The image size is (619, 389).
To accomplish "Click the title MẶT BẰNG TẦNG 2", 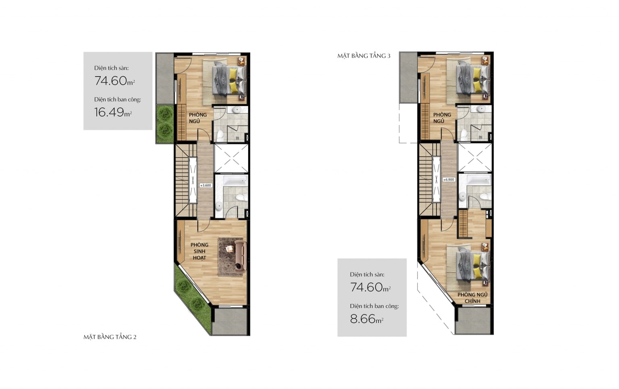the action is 110,337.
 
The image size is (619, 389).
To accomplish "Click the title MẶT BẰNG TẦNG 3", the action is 364,56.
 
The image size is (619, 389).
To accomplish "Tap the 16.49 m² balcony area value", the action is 113,112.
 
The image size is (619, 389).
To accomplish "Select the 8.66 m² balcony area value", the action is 367,319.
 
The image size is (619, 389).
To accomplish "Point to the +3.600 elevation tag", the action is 206,185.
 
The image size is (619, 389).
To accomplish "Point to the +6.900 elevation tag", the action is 449,179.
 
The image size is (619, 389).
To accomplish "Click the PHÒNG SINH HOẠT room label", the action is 199,251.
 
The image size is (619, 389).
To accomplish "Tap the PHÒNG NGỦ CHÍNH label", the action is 472,298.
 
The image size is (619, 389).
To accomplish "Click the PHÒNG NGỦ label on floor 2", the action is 198,118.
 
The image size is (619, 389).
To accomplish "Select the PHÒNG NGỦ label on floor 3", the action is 442,118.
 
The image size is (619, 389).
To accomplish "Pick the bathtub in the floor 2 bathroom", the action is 235,181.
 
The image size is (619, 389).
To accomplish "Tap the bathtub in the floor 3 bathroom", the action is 479,179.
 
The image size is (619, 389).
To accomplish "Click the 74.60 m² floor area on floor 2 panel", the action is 115,81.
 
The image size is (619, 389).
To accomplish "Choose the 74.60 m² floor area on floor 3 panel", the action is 370,287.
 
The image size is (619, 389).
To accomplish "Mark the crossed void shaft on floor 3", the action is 475,157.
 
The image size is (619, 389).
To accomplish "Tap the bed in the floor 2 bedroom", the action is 229,79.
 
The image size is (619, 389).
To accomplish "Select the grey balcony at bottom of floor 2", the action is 230,322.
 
